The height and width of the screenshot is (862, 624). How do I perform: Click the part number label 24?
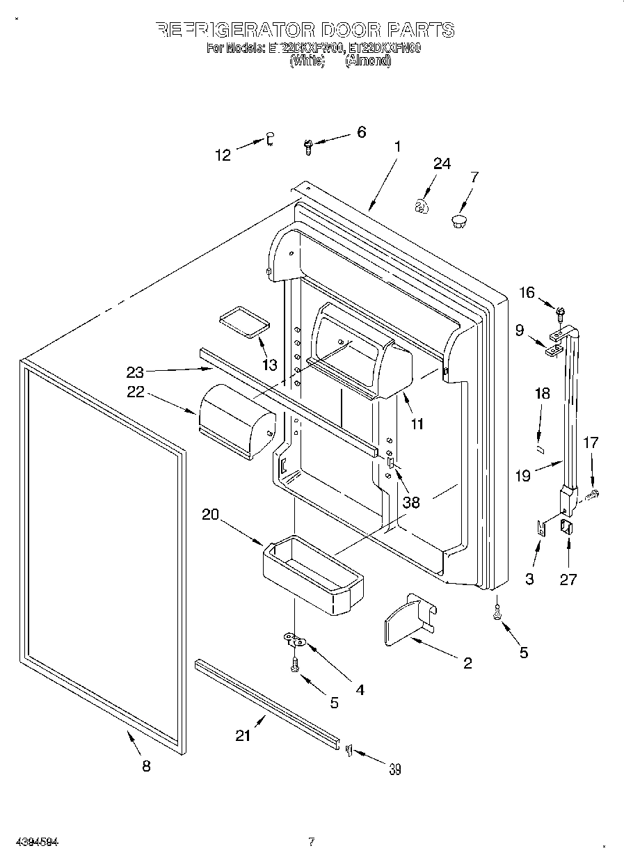pyautogui.click(x=442, y=164)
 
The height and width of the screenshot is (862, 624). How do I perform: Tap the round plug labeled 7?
pyautogui.click(x=458, y=222)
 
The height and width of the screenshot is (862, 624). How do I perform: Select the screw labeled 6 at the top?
pyautogui.click(x=308, y=145)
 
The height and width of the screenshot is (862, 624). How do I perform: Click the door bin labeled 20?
pyautogui.click(x=312, y=575)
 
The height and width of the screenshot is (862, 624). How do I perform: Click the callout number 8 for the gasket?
pyautogui.click(x=145, y=766)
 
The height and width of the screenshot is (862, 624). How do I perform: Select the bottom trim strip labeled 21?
pyautogui.click(x=268, y=703)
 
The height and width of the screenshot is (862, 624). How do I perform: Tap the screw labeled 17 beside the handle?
pyautogui.click(x=593, y=495)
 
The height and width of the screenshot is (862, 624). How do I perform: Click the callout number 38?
pyautogui.click(x=411, y=502)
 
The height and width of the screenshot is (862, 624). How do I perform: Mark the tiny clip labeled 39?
pyautogui.click(x=349, y=749)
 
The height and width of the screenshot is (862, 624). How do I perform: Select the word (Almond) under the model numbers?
pyautogui.click(x=368, y=61)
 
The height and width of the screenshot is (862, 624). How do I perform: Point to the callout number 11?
pyautogui.click(x=417, y=423)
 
